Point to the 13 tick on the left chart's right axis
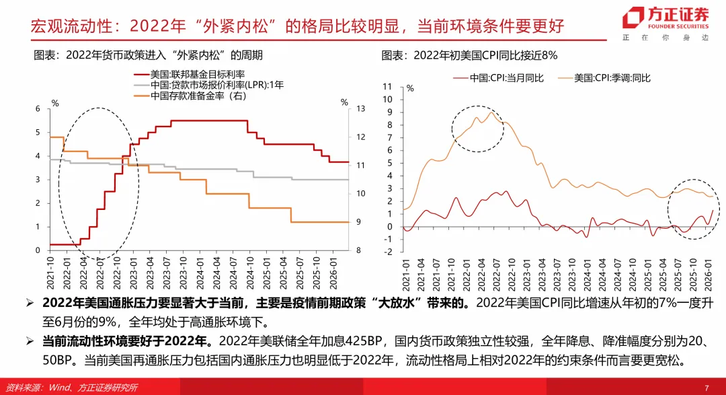(x=360, y=109)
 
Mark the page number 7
(x=707, y=388)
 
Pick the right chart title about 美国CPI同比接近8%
(x=470, y=55)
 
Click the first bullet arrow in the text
(x=30, y=303)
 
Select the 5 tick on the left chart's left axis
(x=38, y=133)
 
